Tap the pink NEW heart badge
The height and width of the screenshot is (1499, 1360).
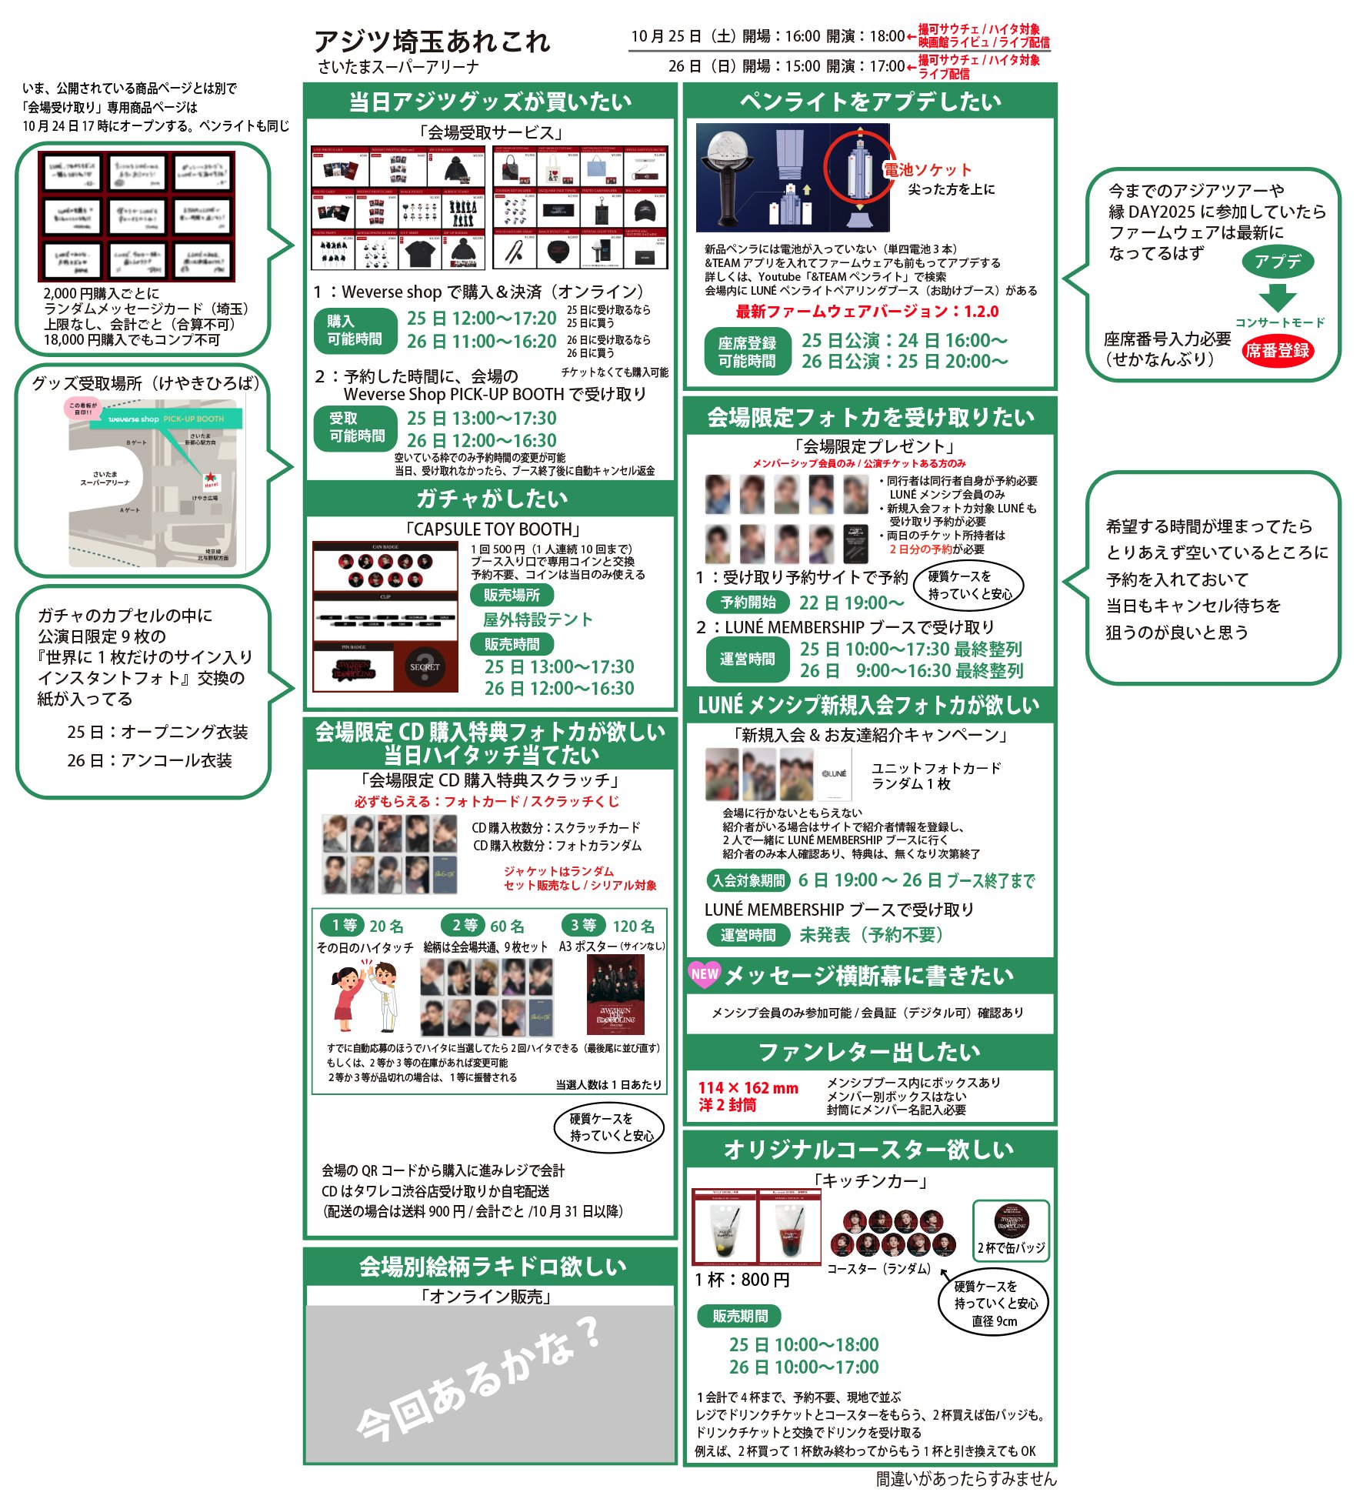point(704,974)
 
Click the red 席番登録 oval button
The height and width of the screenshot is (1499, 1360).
point(1277,352)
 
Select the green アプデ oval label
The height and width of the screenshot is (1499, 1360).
point(1278,262)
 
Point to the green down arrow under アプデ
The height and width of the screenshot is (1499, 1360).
point(1278,297)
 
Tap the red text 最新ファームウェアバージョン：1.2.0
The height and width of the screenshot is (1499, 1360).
point(867,312)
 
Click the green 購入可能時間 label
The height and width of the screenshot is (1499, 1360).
point(355,330)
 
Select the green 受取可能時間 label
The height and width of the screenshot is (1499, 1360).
point(356,428)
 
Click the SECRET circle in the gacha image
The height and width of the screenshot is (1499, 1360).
point(425,667)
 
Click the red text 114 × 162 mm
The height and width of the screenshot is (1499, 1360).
point(748,1088)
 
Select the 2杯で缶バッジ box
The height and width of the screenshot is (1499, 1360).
point(1011,1230)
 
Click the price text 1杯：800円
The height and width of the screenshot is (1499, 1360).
point(742,1280)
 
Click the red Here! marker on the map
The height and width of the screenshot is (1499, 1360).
point(210,482)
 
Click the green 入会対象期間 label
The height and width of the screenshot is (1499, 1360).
point(748,880)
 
